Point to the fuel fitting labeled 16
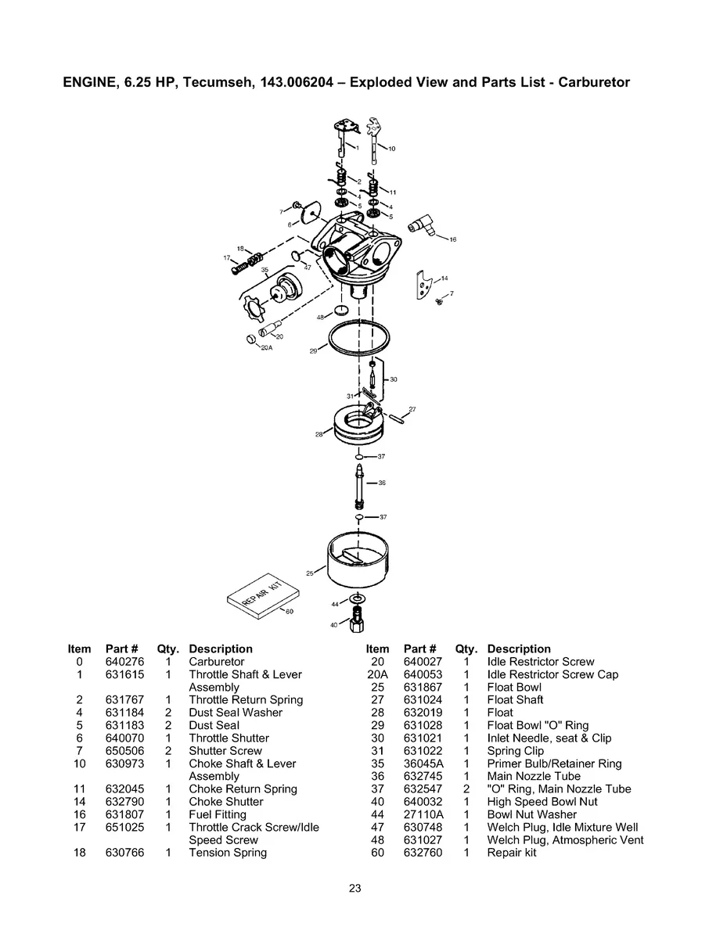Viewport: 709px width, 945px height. point(423,228)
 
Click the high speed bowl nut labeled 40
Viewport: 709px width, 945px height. point(358,624)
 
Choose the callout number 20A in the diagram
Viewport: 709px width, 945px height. point(266,347)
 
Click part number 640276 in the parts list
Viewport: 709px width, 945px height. point(122,662)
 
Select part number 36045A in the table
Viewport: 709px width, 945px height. point(423,764)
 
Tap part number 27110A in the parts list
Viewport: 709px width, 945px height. point(423,814)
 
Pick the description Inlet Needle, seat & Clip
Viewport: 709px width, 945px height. point(549,738)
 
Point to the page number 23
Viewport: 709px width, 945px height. point(354,888)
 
